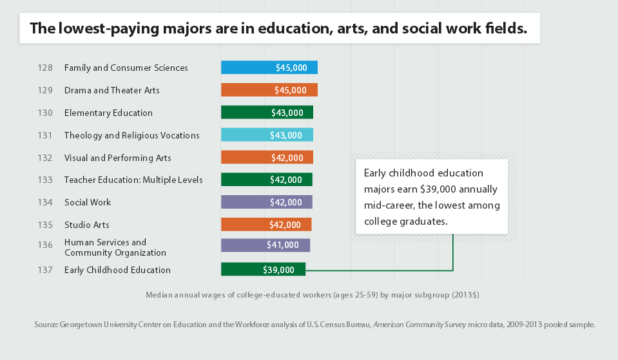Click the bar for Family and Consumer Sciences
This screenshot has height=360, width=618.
(269, 68)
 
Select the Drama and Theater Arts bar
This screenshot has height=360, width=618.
(269, 90)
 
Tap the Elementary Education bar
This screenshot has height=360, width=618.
(267, 113)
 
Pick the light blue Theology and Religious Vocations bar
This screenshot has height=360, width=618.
(267, 135)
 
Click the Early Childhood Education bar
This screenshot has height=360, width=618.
(263, 270)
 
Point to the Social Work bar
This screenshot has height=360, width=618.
(266, 202)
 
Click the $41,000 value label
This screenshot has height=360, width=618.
(283, 245)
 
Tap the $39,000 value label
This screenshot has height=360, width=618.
(278, 270)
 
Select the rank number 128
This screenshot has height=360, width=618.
(45, 68)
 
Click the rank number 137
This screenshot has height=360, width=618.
(45, 270)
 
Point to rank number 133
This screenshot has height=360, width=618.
(45, 180)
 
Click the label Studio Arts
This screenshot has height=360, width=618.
(86, 225)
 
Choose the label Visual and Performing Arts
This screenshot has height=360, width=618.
(117, 158)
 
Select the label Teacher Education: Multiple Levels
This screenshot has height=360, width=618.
(133, 180)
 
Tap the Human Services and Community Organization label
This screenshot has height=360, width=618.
(115, 247)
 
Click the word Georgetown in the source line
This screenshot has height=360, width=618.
(82, 325)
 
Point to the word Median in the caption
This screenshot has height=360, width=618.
(159, 295)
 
